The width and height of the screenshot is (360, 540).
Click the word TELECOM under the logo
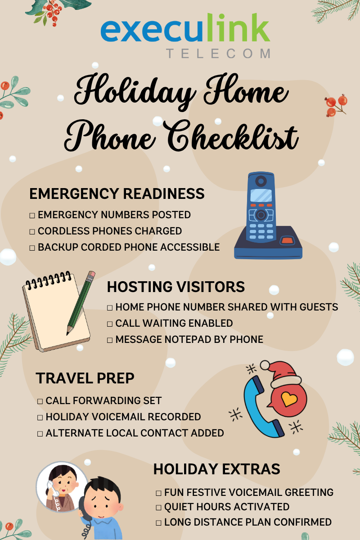click(x=218, y=53)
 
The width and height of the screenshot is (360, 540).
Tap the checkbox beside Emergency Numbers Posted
click(x=32, y=215)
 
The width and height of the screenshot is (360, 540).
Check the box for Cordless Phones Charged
click(x=32, y=232)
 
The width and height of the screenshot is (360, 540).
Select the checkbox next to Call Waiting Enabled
click(x=110, y=324)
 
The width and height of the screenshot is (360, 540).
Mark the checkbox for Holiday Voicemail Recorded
click(x=40, y=417)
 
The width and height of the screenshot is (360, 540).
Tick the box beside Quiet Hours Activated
click(x=158, y=508)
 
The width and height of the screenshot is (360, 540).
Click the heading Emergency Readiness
click(x=117, y=193)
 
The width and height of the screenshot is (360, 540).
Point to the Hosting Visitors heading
click(x=176, y=287)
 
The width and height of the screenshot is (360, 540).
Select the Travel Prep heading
click(x=85, y=378)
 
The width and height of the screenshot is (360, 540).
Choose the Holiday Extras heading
click(x=217, y=469)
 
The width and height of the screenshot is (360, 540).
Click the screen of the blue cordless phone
click(x=261, y=195)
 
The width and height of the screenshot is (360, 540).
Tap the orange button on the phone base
click(x=288, y=240)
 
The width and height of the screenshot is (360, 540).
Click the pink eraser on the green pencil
click(x=92, y=274)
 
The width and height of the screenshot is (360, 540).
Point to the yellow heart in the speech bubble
click(x=289, y=399)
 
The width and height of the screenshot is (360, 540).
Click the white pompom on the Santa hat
click(x=265, y=365)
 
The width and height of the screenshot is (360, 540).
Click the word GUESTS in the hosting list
click(x=319, y=307)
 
